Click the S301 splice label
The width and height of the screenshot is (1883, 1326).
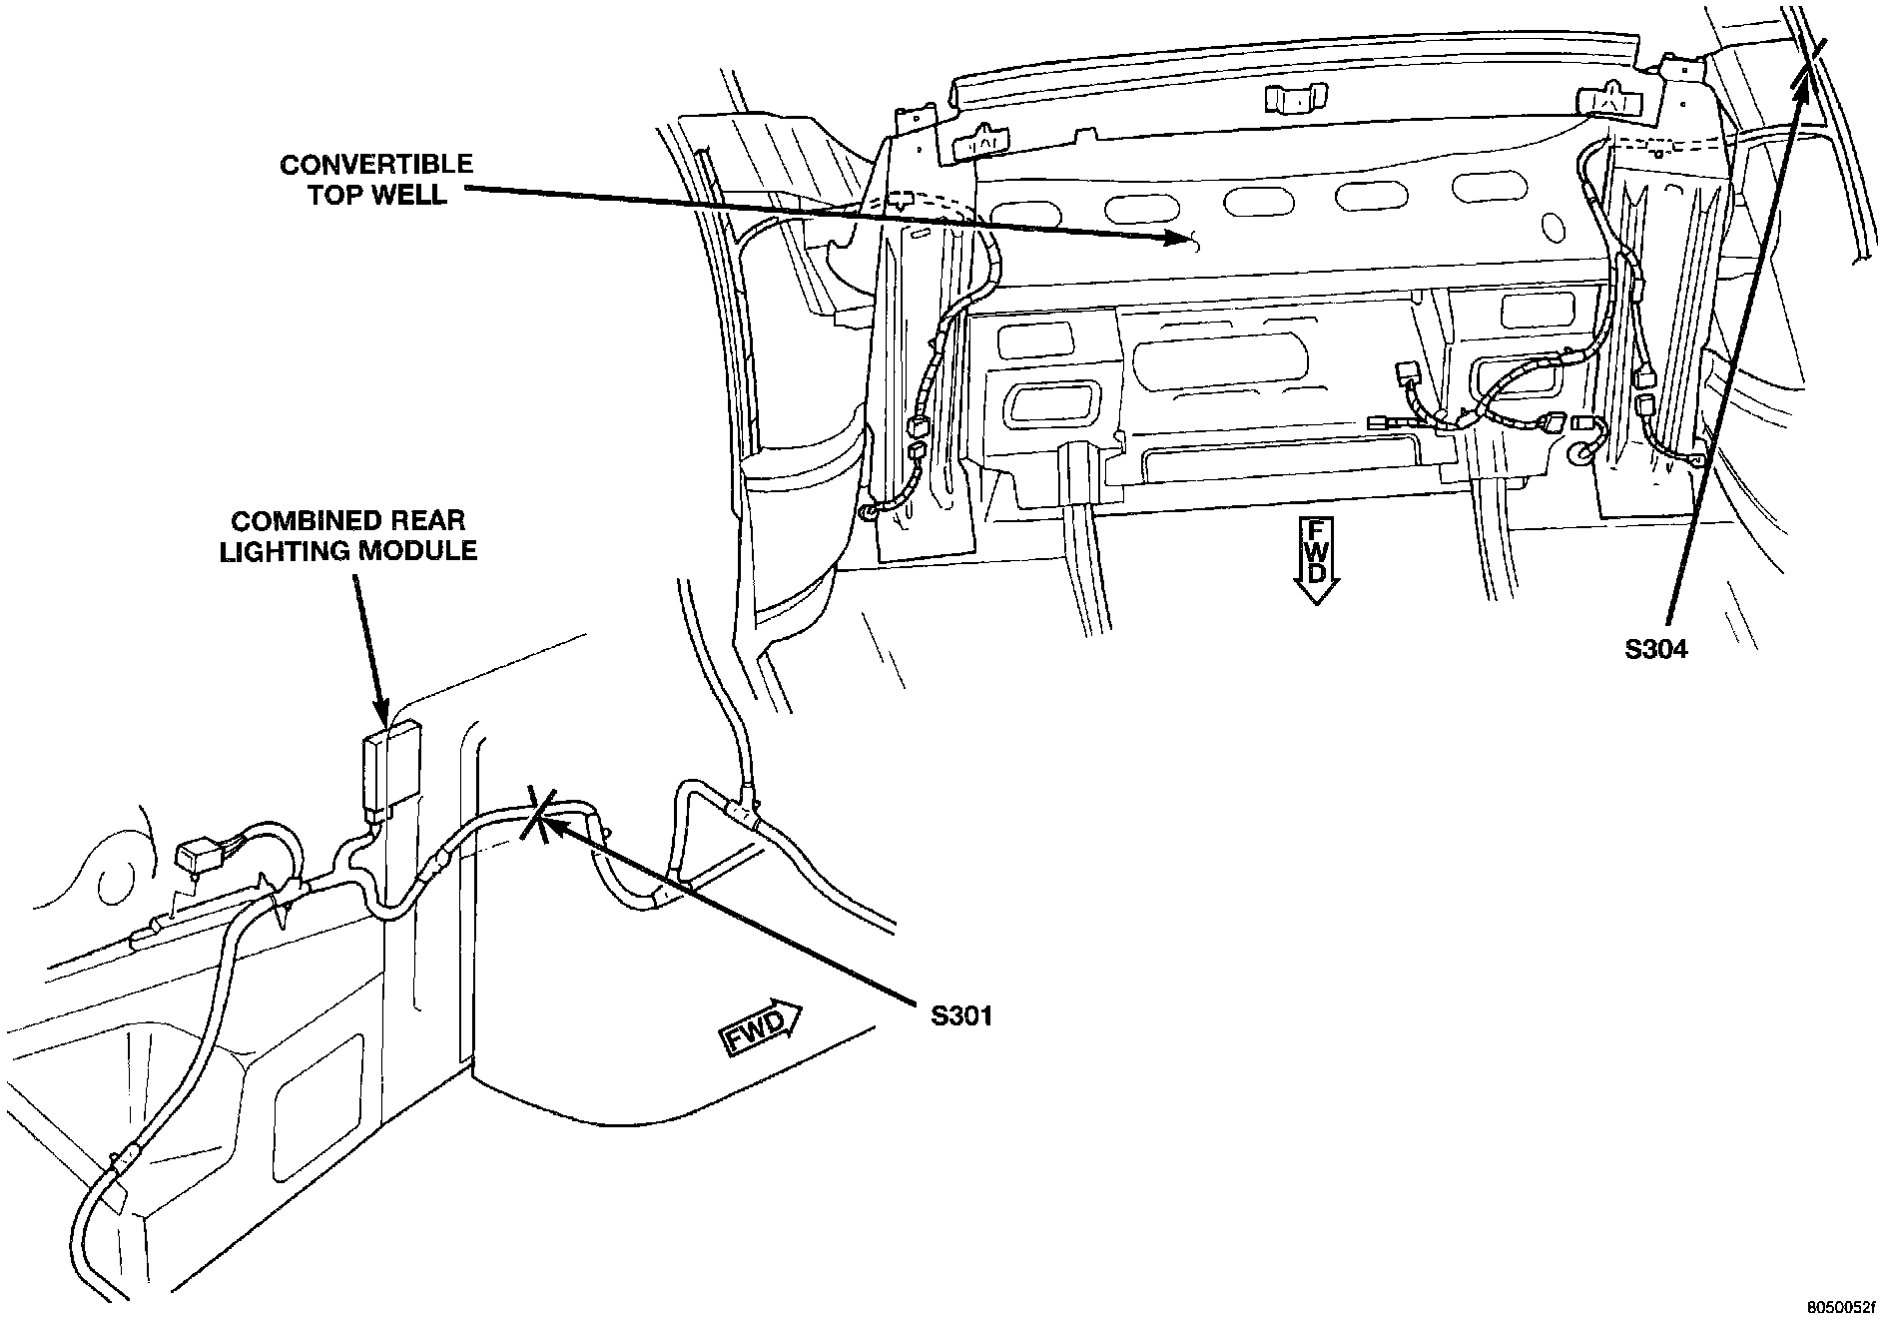pos(961,1016)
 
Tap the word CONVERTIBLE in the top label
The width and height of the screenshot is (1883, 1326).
pos(376,164)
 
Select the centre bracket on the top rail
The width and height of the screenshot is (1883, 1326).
pos(1293,99)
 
